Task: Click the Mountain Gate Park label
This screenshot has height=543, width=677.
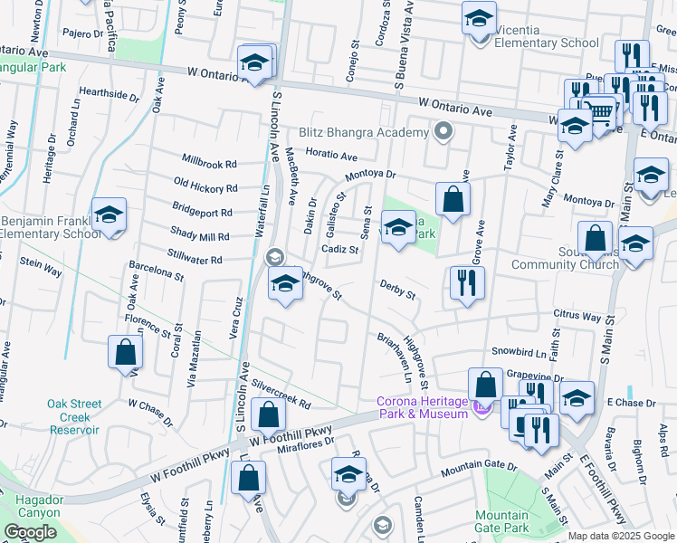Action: click(x=501, y=521)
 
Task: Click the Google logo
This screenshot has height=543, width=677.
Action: click(x=30, y=532)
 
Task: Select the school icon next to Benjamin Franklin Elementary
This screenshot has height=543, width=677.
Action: click(x=109, y=217)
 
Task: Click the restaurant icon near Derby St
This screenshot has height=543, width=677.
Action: click(x=467, y=284)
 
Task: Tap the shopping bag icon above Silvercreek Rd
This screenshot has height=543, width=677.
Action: click(x=269, y=416)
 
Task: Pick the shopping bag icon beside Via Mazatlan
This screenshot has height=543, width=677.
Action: click(x=125, y=354)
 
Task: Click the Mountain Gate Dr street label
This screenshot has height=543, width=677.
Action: click(x=478, y=469)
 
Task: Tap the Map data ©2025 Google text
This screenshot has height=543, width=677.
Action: click(x=621, y=536)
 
